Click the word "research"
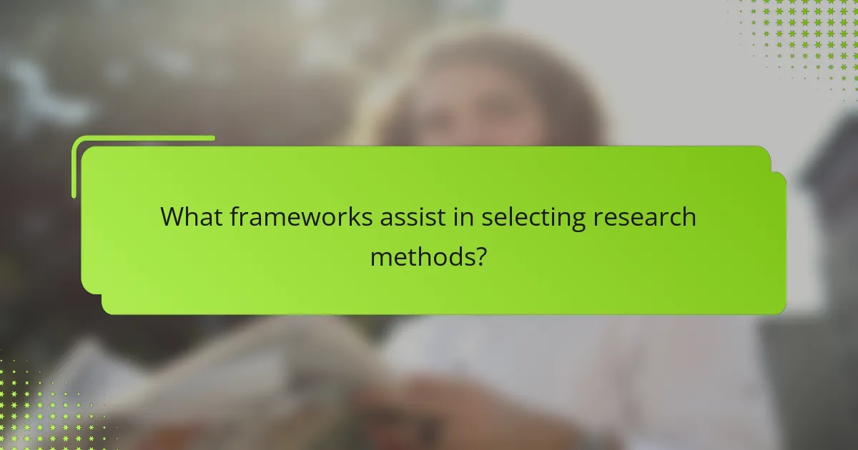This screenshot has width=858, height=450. tap(644, 217)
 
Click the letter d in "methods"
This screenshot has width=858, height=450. tap(449, 255)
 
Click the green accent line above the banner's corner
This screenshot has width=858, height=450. tap(143, 138)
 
